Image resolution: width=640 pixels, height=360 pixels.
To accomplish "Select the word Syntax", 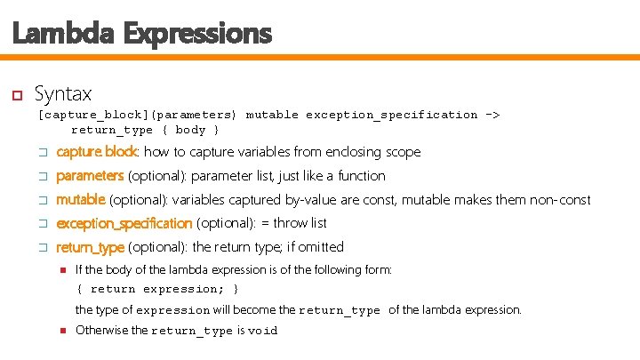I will [62, 92].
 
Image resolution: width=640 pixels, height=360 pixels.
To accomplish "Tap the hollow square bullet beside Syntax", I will [15, 93].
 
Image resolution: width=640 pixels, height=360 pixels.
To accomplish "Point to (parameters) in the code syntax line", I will [193, 115].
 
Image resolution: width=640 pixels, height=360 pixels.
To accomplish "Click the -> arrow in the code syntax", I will [492, 115].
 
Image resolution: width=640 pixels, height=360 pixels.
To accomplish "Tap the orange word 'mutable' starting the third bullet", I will [81, 200].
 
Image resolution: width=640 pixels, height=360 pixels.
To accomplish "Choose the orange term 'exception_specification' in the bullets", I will [124, 223].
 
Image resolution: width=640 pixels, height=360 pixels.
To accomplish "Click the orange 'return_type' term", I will [90, 247].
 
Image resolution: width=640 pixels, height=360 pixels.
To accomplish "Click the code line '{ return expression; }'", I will [157, 290].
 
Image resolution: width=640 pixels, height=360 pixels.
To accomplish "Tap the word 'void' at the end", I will [263, 331].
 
